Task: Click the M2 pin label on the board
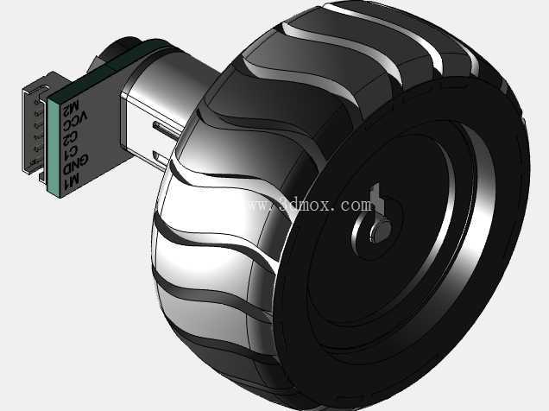point(71,109)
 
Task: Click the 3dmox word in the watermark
point(305,205)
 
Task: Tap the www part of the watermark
point(262,205)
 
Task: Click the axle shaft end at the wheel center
point(382,231)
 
